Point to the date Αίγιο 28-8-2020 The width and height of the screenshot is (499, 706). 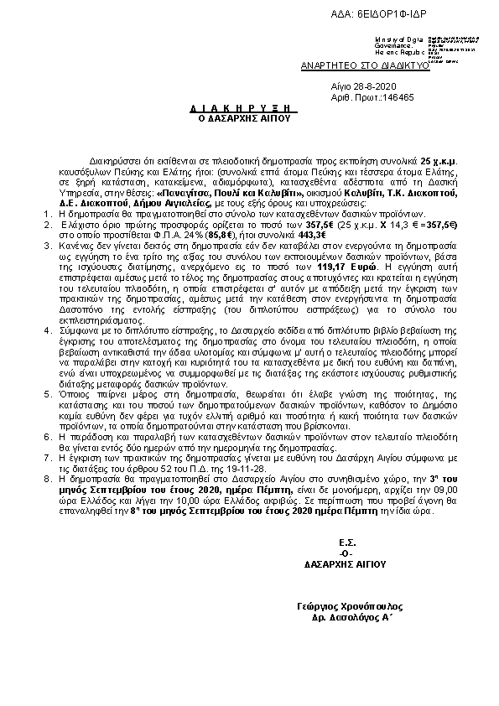pyautogui.click(x=361, y=86)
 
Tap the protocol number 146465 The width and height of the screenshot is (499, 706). pyautogui.click(x=394, y=97)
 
